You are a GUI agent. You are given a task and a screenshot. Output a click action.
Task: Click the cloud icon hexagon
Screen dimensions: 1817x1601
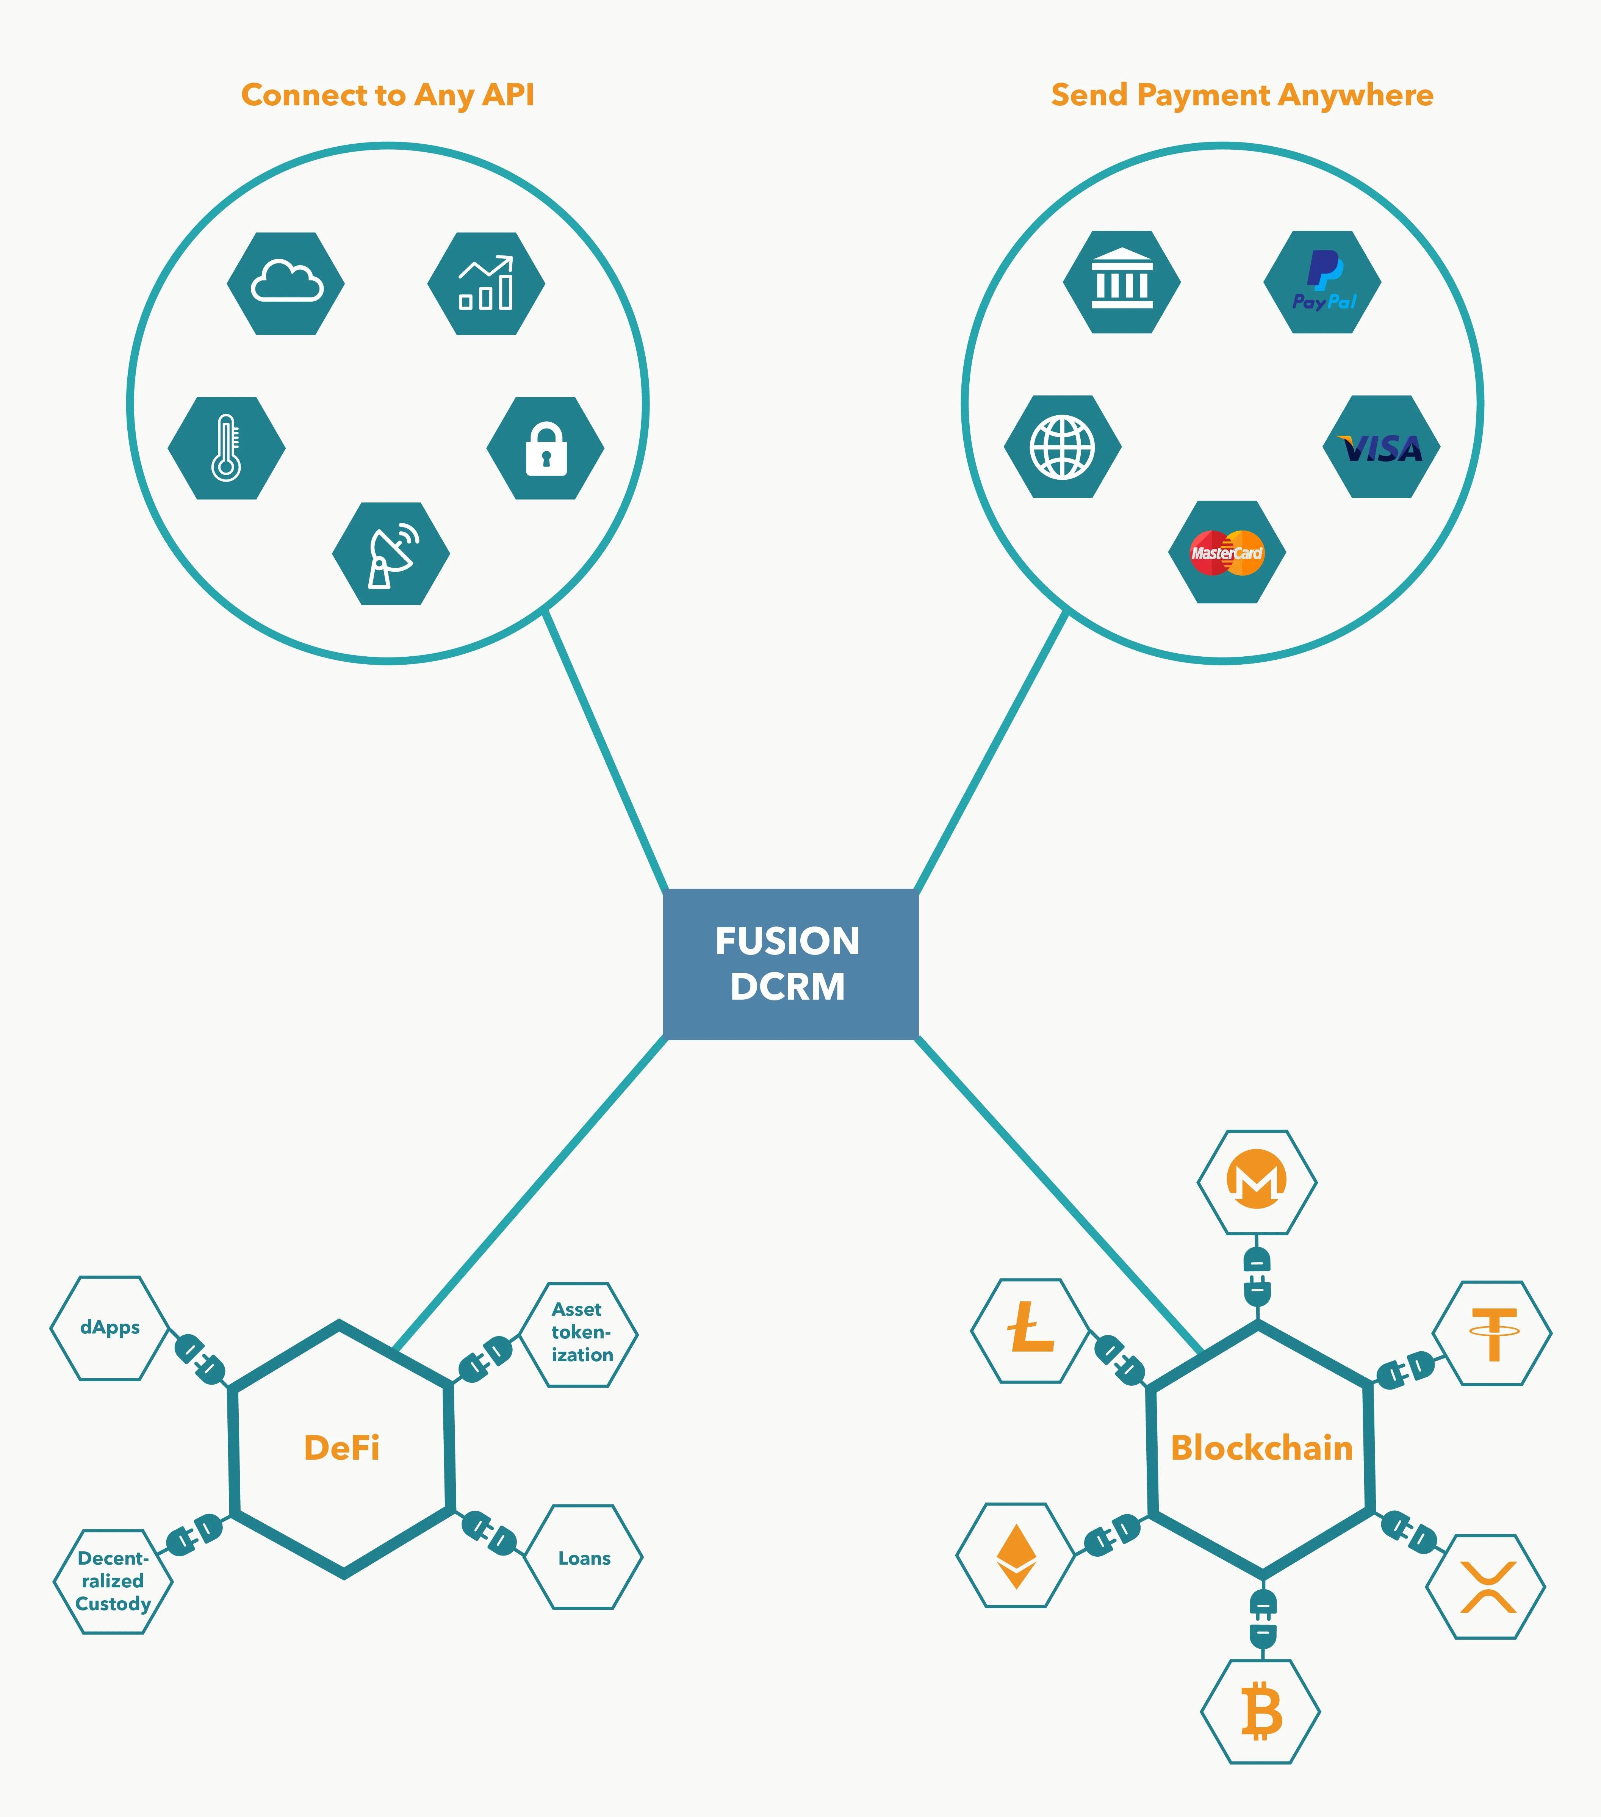tap(285, 283)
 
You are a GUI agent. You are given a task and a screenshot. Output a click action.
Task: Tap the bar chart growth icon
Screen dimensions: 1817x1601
tap(486, 283)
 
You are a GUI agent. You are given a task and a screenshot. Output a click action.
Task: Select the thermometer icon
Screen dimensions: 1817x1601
tap(227, 448)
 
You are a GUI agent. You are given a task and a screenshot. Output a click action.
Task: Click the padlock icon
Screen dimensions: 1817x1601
tap(546, 448)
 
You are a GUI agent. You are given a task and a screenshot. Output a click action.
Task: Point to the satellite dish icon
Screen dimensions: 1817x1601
tap(391, 554)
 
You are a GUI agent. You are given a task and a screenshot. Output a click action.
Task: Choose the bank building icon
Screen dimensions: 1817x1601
tap(1122, 282)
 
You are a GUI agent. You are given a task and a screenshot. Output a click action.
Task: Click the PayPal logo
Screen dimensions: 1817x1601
tap(1323, 282)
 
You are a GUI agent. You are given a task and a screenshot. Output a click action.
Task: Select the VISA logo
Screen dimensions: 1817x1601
tap(1382, 447)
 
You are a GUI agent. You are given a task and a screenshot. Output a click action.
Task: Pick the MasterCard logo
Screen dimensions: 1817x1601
tap(1227, 552)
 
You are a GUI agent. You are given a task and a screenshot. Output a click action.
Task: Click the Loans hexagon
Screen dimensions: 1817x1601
tap(584, 1557)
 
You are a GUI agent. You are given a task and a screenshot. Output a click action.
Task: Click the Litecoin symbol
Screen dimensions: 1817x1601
tap(1030, 1331)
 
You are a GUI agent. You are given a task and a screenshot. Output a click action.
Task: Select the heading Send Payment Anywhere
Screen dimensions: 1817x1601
tap(1242, 95)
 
